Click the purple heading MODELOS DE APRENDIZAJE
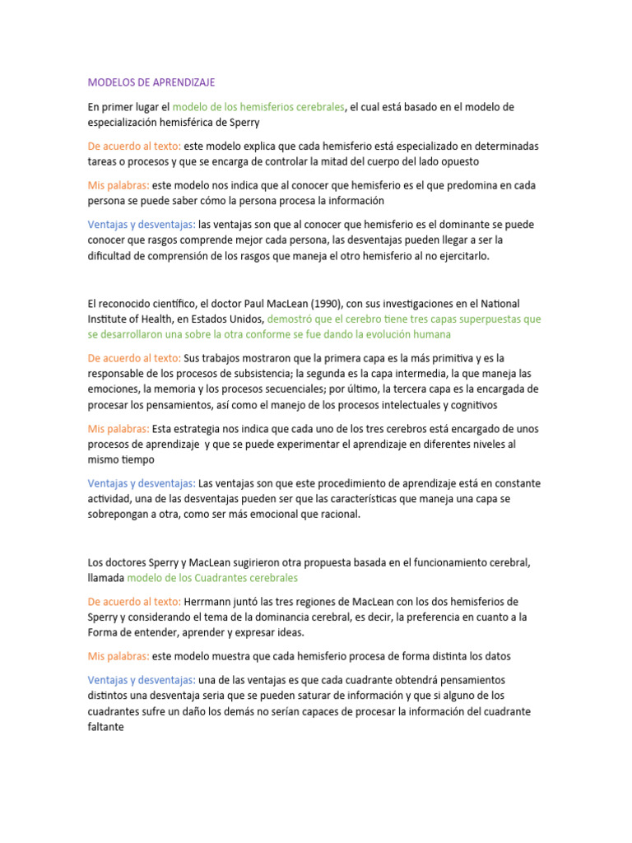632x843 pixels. click(151, 82)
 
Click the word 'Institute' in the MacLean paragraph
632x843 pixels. click(109, 319)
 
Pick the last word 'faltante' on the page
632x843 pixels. click(106, 727)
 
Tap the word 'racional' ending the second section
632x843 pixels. click(339, 515)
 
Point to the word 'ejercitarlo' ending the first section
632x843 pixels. click(462, 256)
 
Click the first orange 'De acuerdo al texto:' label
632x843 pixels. click(134, 146)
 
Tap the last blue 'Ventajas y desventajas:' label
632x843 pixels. click(142, 680)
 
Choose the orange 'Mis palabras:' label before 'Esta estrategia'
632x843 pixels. click(118, 429)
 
